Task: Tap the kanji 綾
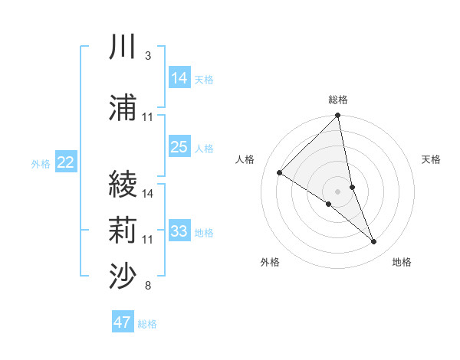123,185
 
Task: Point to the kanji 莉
123,230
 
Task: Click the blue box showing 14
179,78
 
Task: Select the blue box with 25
179,147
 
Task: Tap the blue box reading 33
179,231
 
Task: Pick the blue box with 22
66,162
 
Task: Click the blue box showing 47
123,322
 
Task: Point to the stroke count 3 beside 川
147,57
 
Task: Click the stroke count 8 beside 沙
147,286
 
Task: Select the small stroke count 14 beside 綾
148,194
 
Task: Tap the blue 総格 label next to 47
147,324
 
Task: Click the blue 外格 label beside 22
41,163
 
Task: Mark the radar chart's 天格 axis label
431,159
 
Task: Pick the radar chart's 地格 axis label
402,262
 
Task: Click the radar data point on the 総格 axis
337,116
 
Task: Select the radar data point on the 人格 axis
280,173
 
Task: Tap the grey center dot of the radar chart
337,191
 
